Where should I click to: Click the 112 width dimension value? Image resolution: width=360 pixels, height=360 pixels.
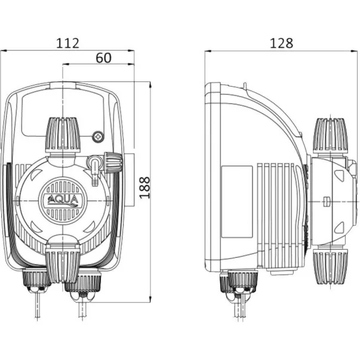coord(67,42)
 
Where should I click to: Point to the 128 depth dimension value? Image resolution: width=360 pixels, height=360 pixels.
coord(281,42)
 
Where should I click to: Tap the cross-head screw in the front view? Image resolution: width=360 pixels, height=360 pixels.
coord(97,137)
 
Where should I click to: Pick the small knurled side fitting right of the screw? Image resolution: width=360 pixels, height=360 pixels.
coord(112,161)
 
